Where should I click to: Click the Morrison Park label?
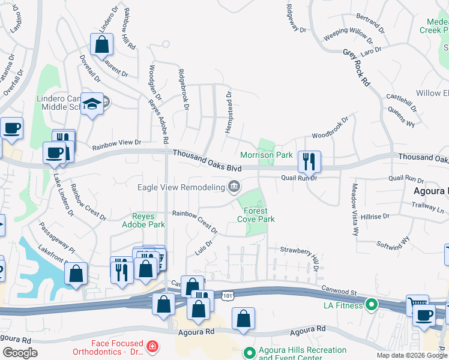click(x=267, y=155)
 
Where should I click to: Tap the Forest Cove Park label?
click(x=256, y=215)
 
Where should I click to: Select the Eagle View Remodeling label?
click(x=181, y=188)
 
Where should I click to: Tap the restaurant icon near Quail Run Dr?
click(x=309, y=161)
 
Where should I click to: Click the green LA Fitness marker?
click(x=371, y=305)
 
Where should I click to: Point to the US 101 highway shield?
click(x=228, y=295)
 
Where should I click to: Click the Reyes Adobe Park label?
click(x=148, y=220)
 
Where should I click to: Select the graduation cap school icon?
click(x=93, y=104)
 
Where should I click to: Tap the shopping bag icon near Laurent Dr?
click(x=101, y=44)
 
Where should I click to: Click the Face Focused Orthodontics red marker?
click(x=152, y=347)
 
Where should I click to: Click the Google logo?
click(x=20, y=353)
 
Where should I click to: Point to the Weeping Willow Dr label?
click(x=348, y=35)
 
